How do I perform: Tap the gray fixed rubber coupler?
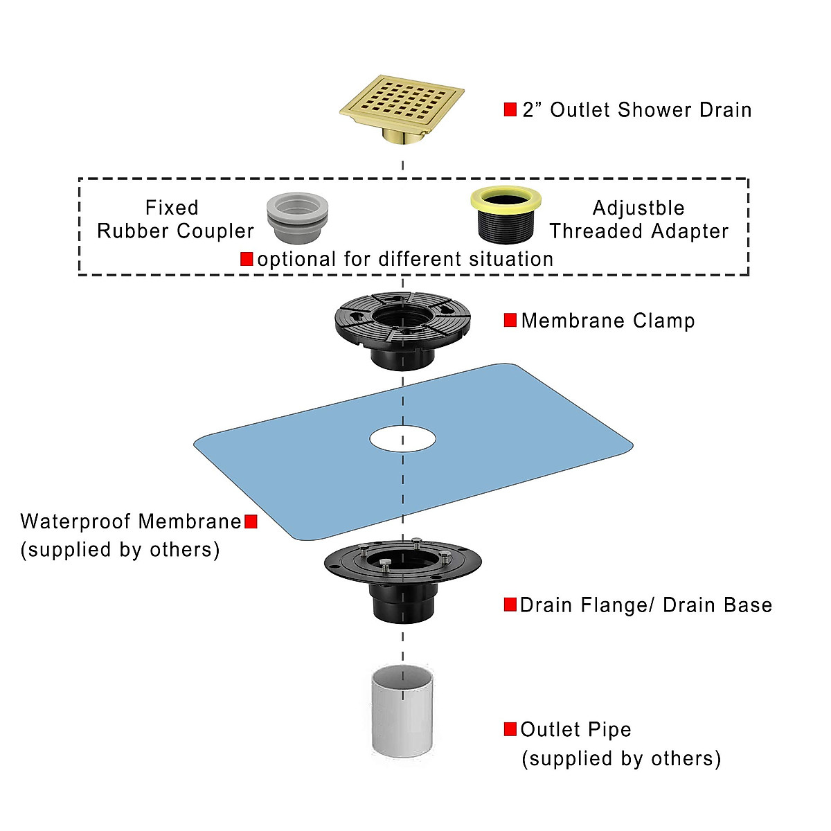[297, 217]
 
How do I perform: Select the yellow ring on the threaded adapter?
[506, 199]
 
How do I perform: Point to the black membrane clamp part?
[403, 331]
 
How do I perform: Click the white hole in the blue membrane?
[403, 439]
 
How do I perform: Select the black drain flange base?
[403, 580]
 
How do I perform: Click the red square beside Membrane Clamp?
[510, 321]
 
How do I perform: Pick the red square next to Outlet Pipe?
[510, 729]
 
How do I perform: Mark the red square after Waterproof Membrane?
[251, 522]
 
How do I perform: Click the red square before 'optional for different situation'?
[247, 259]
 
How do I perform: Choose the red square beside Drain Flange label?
[510, 605]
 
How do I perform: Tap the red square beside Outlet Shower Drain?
[510, 109]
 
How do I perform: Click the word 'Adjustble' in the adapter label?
[638, 208]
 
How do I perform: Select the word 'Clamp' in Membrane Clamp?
[664, 321]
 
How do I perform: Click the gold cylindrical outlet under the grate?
[403, 136]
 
